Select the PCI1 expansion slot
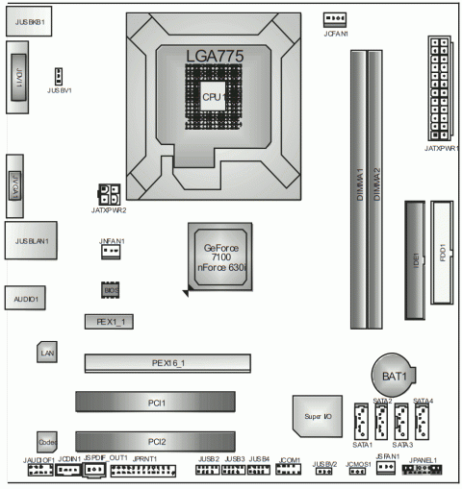[x=158, y=403]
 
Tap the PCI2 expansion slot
[x=158, y=441]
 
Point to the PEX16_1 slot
[x=167, y=363]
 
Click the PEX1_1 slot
[x=108, y=320]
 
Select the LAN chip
[x=47, y=354]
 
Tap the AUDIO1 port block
[x=25, y=299]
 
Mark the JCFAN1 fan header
[x=334, y=19]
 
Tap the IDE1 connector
[x=414, y=259]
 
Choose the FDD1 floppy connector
[x=444, y=259]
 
